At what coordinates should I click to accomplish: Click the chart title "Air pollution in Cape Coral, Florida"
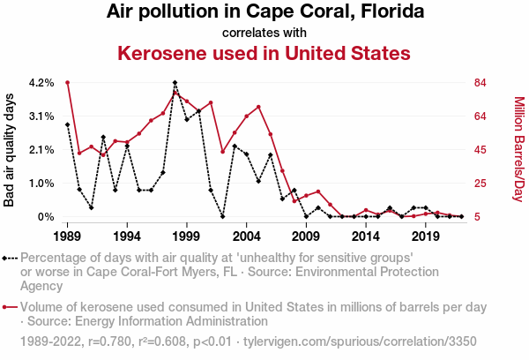pyautogui.click(x=264, y=12)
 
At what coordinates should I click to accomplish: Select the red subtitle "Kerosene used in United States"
pyautogui.click(x=264, y=53)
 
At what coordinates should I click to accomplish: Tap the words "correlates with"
pyautogui.click(x=264, y=33)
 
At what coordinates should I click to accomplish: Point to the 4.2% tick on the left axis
pyautogui.click(x=41, y=83)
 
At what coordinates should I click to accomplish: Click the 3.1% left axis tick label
pyautogui.click(x=41, y=116)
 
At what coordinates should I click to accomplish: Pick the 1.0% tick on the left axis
pyautogui.click(x=41, y=184)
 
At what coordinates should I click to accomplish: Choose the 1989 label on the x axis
pyautogui.click(x=67, y=236)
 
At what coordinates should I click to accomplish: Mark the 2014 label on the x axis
pyautogui.click(x=366, y=236)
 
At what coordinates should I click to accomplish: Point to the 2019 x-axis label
pyautogui.click(x=426, y=236)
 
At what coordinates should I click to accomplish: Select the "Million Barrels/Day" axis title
pyautogui.click(x=518, y=149)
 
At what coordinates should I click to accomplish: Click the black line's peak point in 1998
pyautogui.click(x=175, y=83)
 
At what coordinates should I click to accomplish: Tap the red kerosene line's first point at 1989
pyautogui.click(x=67, y=83)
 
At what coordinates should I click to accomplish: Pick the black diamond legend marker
pyautogui.click(x=10, y=259)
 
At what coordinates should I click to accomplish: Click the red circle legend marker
pyautogui.click(x=10, y=307)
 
